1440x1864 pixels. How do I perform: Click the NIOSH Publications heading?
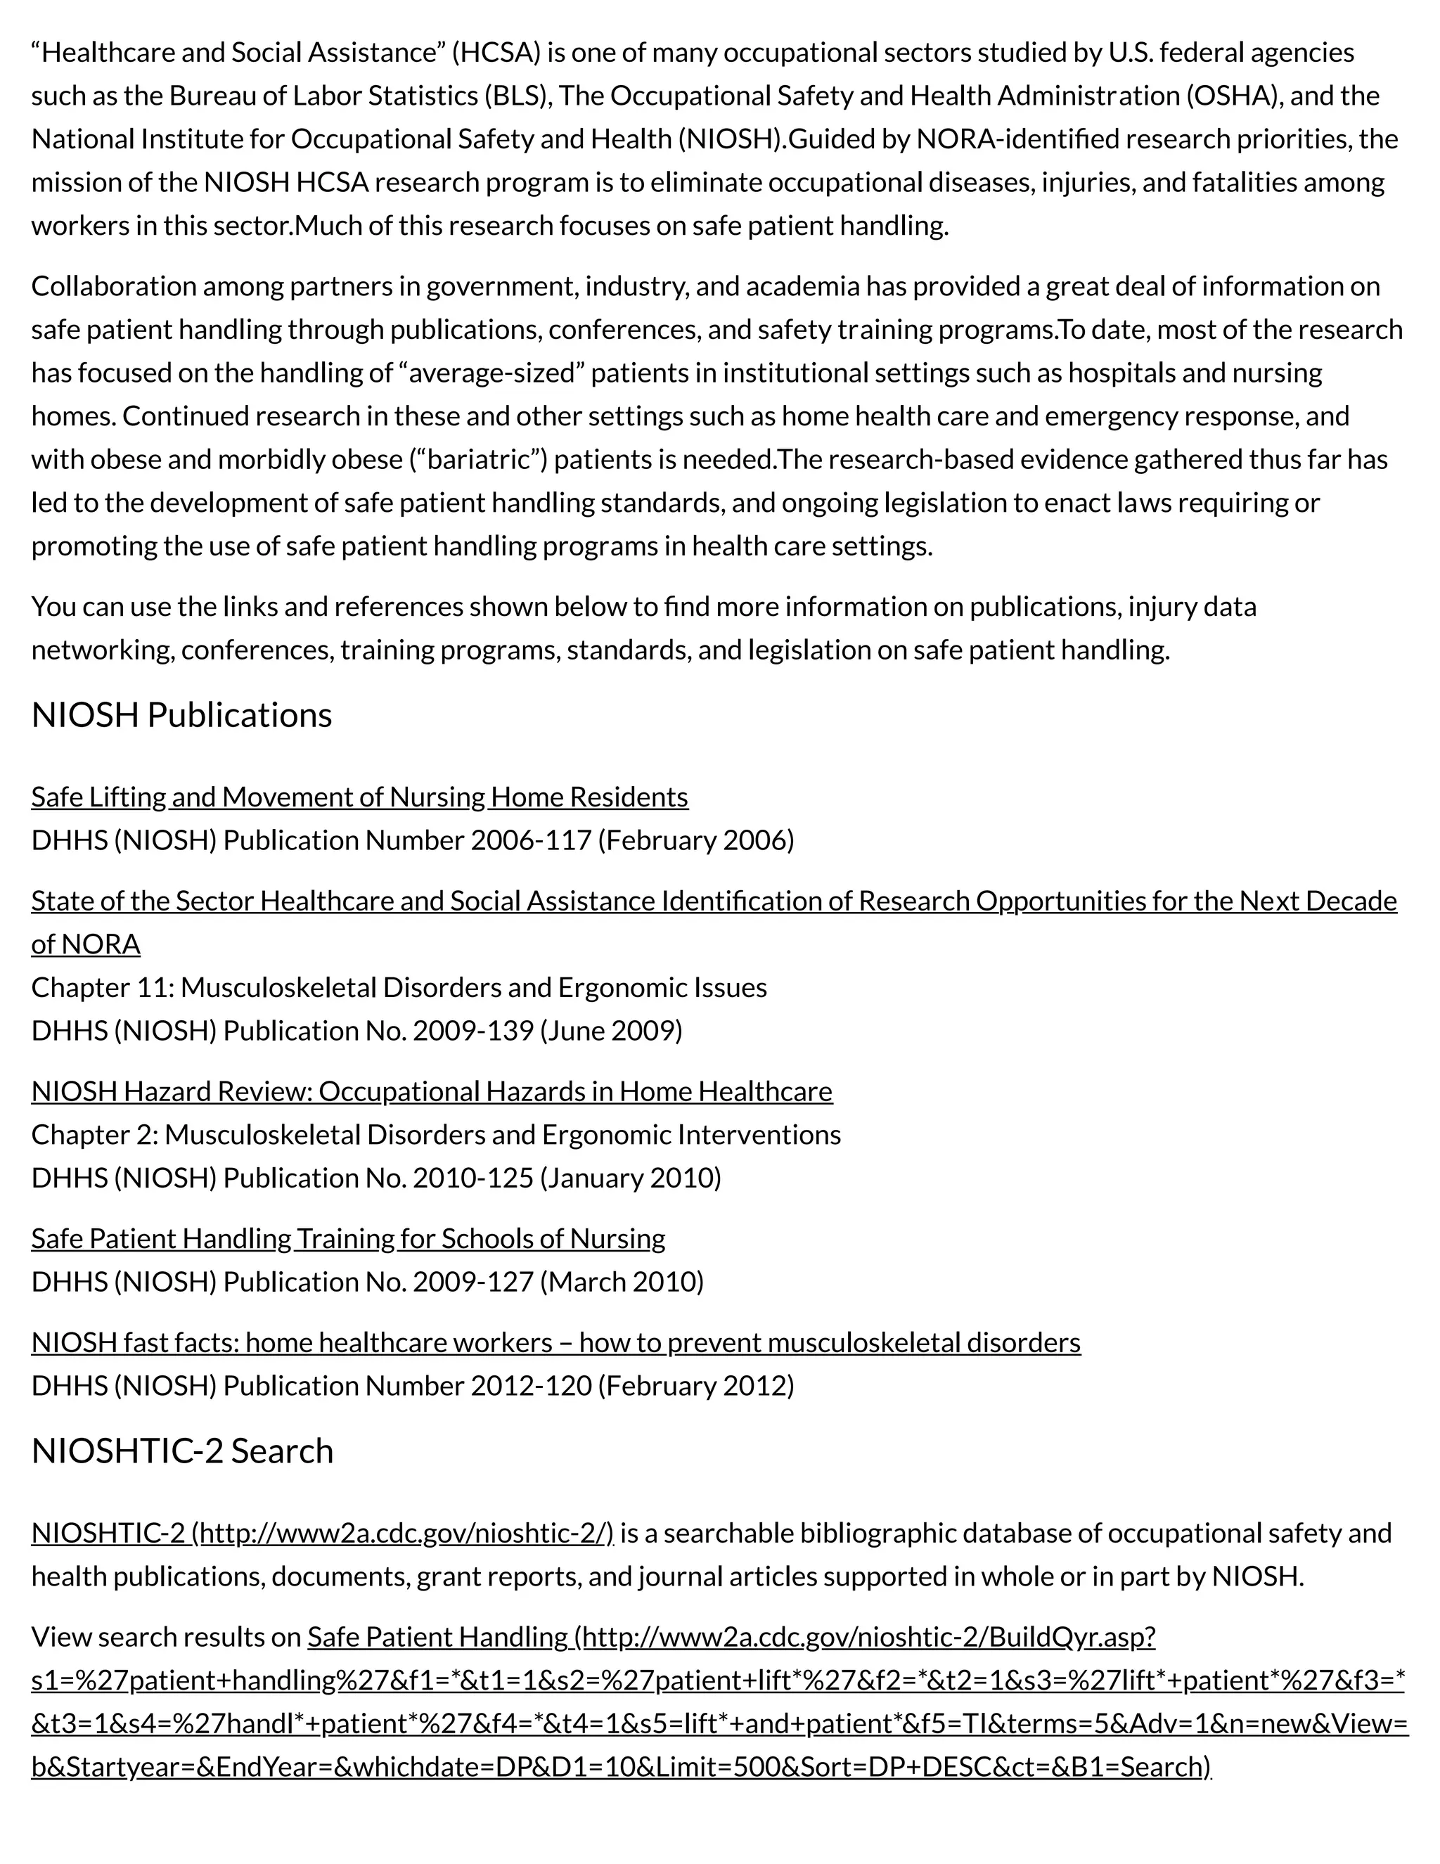point(181,715)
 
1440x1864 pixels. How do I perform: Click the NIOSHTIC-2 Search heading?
point(182,1451)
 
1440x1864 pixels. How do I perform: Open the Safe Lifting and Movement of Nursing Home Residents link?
point(359,797)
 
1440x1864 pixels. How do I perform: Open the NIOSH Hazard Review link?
point(431,1091)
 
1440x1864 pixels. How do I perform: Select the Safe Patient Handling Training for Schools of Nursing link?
point(347,1238)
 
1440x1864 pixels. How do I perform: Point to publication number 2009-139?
point(473,1031)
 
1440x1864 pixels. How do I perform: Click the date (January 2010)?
point(631,1178)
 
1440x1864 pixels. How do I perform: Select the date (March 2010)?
point(622,1282)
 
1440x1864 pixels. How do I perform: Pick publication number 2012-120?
point(531,1385)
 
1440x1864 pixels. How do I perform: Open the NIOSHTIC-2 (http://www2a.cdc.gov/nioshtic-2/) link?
point(322,1534)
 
